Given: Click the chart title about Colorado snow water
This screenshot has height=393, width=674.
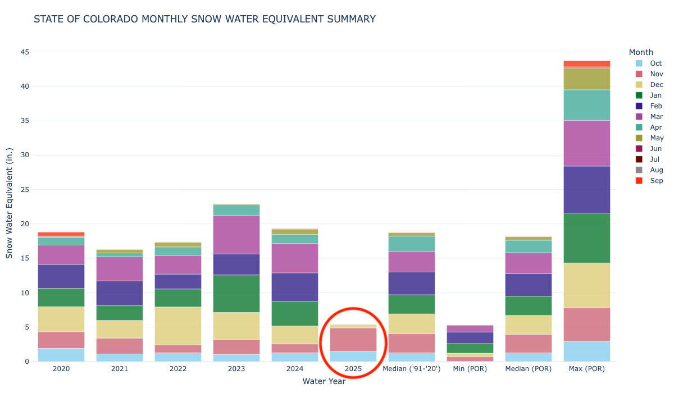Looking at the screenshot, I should tap(204, 19).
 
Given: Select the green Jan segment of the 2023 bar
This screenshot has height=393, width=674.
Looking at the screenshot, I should tap(236, 293).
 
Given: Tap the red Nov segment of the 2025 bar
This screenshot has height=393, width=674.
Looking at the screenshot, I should tap(353, 339).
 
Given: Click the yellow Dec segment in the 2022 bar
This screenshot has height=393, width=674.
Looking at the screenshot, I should tap(178, 326).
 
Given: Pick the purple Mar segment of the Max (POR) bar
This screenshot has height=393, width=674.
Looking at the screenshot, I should tap(587, 143).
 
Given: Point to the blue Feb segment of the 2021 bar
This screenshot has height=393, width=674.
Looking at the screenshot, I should tap(120, 293).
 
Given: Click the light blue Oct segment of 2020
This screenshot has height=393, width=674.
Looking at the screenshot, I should tap(61, 355).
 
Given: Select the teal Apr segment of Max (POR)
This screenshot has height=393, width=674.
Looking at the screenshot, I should tap(587, 105).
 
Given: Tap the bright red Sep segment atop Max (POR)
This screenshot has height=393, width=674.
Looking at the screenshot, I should tap(587, 64).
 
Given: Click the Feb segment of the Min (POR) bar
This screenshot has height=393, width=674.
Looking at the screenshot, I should tap(470, 337).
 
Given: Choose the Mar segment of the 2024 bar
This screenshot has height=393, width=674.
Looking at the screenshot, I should tap(295, 258).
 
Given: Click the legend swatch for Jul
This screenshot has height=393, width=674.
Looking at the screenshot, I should tap(639, 159).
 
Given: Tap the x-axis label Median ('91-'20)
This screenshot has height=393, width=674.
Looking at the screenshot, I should tap(412, 369).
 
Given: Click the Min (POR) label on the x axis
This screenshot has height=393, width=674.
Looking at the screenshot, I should tap(470, 369).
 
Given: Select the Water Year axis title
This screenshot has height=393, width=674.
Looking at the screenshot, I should tap(324, 381).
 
